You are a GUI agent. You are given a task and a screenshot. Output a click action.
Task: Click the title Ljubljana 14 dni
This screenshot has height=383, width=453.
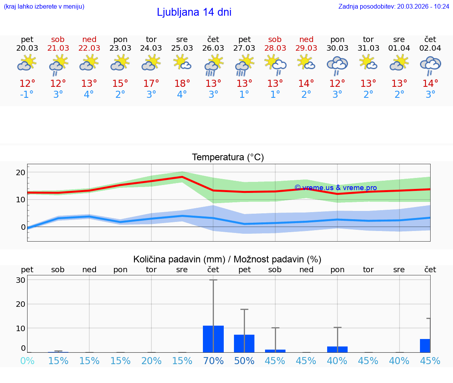click(194, 12)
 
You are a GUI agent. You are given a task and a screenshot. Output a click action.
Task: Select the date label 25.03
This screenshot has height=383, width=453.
click(182, 48)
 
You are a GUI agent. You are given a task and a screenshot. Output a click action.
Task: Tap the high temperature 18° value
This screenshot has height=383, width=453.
click(182, 84)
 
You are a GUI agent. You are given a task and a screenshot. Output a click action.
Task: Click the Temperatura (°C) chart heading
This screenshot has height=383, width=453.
click(228, 158)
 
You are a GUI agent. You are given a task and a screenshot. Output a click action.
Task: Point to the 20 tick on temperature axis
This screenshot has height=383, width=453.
click(20, 172)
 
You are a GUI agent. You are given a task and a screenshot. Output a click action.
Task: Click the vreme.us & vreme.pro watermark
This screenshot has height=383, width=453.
click(335, 188)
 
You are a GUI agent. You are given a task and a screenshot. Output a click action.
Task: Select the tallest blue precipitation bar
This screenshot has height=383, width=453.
click(213, 339)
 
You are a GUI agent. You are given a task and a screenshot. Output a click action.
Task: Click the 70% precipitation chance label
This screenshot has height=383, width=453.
click(213, 361)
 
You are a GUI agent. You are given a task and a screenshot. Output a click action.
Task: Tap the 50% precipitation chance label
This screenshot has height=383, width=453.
click(244, 361)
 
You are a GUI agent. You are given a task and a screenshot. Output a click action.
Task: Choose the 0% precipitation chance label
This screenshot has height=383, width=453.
click(27, 361)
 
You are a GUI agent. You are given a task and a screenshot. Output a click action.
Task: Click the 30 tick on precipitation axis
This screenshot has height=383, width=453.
click(20, 280)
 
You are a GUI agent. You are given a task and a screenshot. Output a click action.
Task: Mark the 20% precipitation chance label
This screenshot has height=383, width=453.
click(151, 361)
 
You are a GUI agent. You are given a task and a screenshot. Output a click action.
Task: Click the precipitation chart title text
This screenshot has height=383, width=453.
click(227, 259)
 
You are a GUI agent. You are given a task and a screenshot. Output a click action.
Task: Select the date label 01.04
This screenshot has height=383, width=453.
click(399, 48)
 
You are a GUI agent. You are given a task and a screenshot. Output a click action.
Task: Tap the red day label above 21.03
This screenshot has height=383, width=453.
click(58, 39)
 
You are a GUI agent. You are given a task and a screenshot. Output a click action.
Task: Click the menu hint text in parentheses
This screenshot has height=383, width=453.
click(44, 7)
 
